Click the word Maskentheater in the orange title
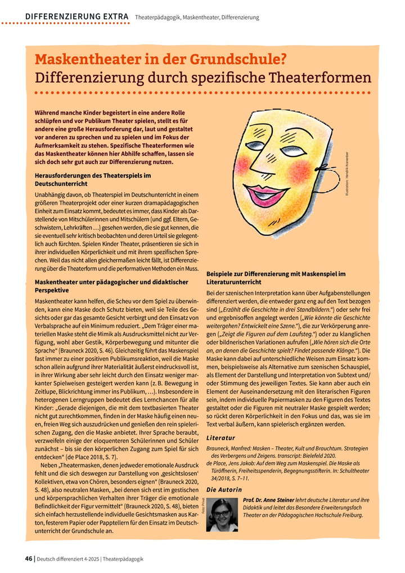tap(87, 59)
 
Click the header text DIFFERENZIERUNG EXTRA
tap(76, 17)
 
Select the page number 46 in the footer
tap(28, 558)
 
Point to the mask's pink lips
tap(265, 195)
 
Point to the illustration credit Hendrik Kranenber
tap(347, 173)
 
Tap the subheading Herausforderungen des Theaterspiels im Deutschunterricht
tap(93, 179)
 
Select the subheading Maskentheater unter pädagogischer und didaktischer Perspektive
tap(110, 286)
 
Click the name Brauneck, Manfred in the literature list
tap(231, 448)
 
